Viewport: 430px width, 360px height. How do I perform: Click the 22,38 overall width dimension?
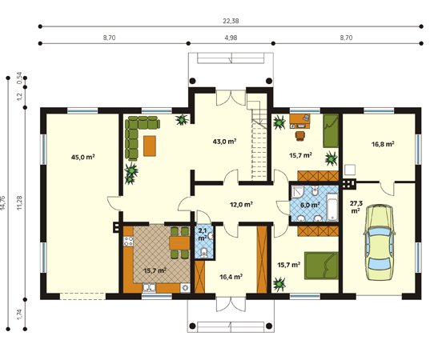pyautogui.click(x=231, y=21)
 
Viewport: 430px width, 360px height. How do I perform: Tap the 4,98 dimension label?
pyautogui.click(x=231, y=38)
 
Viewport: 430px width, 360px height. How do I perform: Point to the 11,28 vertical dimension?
pyautogui.click(x=19, y=203)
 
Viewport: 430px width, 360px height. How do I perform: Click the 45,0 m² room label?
pyautogui.click(x=82, y=158)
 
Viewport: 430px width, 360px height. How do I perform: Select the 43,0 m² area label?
pyautogui.click(x=224, y=142)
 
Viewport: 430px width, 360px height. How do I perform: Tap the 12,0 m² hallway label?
pyautogui.click(x=241, y=204)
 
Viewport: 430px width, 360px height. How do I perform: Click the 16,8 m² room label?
pyautogui.click(x=383, y=144)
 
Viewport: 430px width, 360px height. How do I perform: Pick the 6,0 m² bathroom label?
pyautogui.click(x=310, y=205)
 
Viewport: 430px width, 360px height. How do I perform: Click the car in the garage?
pyautogui.click(x=380, y=242)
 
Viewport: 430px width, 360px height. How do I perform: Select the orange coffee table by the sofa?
pyautogui.click(x=150, y=146)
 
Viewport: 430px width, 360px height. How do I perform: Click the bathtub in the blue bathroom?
pyautogui.click(x=332, y=207)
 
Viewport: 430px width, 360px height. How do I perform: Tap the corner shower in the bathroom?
pyautogui.click(x=298, y=192)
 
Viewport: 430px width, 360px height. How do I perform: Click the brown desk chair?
pyautogui.click(x=300, y=136)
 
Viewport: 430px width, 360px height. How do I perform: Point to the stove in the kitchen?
pyautogui.click(x=128, y=242)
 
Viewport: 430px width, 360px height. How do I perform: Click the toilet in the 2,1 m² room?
pyautogui.click(x=203, y=253)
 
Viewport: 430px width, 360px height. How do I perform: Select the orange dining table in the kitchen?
pyautogui.click(x=179, y=242)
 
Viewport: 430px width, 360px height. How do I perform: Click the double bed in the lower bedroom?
pyautogui.click(x=321, y=266)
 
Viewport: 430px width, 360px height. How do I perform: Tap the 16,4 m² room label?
pyautogui.click(x=231, y=277)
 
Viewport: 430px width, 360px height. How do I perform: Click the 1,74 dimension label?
pyautogui.click(x=19, y=314)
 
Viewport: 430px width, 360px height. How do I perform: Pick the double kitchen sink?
pyautogui.click(x=149, y=288)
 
